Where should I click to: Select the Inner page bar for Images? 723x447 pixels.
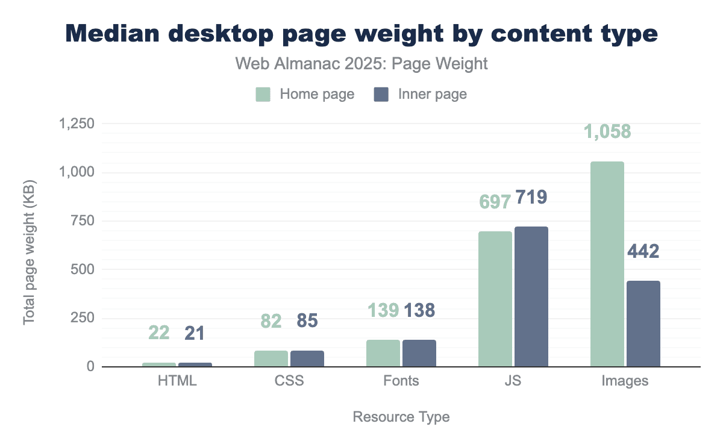coord(643,324)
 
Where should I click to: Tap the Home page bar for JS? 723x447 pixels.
coord(495,299)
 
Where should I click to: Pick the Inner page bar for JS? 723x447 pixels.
coord(531,296)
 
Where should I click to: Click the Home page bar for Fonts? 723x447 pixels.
coord(383,353)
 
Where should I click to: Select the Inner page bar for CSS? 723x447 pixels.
coord(307,358)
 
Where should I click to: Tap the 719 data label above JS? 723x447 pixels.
coord(530,198)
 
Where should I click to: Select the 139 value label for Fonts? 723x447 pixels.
coord(383,310)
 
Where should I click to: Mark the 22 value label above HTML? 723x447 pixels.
coord(159,333)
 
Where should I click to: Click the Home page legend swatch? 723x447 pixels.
coord(263,95)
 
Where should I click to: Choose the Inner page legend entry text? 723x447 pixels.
coord(433,95)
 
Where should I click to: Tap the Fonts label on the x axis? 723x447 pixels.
coord(401,381)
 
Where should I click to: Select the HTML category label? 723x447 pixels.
coord(177,381)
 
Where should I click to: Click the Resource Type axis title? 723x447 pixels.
coord(401,417)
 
